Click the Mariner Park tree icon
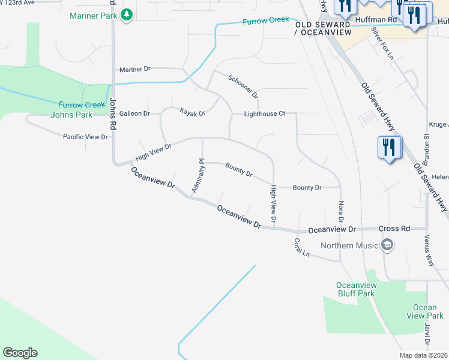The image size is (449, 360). (127, 15)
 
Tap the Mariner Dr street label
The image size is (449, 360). (135, 70)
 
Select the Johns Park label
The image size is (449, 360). (71, 115)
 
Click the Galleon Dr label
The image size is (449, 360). (134, 113)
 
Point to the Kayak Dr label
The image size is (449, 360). (193, 112)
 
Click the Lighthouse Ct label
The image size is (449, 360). (264, 113)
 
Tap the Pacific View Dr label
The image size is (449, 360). (85, 137)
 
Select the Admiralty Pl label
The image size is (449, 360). (198, 176)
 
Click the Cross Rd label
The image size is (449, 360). (394, 229)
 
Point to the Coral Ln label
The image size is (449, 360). (301, 248)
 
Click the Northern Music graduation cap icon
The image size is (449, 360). (387, 245)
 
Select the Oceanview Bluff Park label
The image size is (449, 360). (355, 289)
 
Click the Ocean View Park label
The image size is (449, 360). (424, 311)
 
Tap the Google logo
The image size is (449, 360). (20, 353)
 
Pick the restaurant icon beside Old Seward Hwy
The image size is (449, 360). (389, 148)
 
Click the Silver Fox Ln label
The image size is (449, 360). (382, 43)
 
